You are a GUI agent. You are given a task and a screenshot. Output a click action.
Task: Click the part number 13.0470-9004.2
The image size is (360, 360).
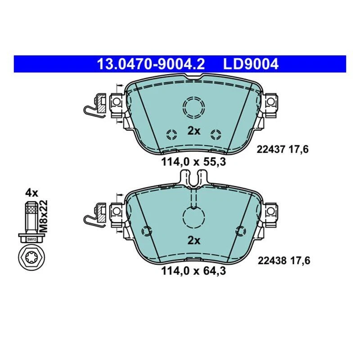[x=151, y=64]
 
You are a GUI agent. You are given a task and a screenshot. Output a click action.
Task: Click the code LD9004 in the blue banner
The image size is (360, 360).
[x=251, y=64]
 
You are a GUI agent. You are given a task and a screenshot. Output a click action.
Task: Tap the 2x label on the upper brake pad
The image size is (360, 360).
[x=193, y=131]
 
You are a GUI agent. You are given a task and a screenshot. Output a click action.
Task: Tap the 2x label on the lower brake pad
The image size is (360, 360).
[x=193, y=240]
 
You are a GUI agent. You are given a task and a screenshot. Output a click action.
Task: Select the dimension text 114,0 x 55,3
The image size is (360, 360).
[x=193, y=161]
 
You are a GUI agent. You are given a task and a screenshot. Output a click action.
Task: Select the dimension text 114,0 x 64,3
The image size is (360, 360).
[x=193, y=271]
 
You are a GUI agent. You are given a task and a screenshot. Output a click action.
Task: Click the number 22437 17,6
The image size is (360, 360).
[x=282, y=150]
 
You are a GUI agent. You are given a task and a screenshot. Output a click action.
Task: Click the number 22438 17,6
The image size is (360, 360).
[x=283, y=260]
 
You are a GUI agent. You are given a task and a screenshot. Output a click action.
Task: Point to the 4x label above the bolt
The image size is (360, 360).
[x=31, y=193]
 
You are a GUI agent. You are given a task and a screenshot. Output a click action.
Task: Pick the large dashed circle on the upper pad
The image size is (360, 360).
[x=193, y=107]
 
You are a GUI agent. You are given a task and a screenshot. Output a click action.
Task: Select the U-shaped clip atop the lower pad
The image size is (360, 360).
[x=194, y=177]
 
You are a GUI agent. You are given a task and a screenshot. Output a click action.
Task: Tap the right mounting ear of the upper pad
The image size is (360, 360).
[x=271, y=102]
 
